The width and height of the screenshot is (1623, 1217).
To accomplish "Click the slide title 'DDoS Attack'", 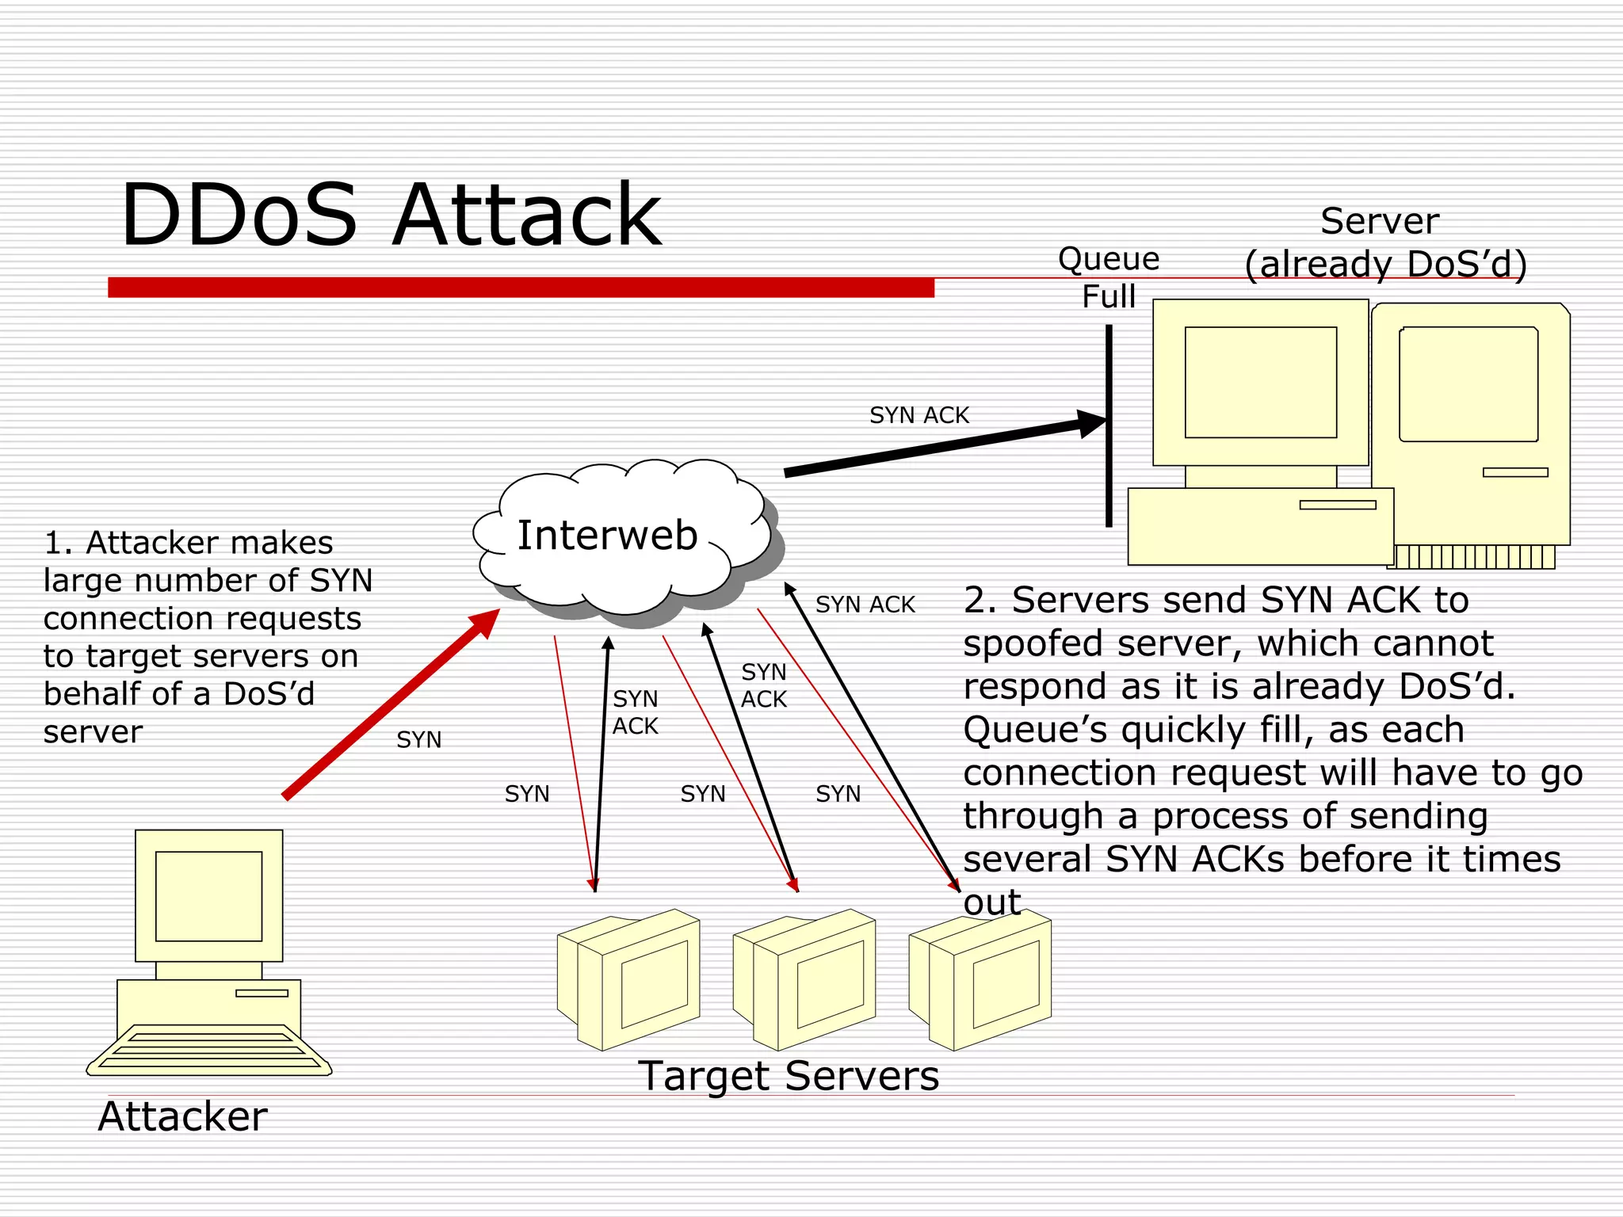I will point(390,215).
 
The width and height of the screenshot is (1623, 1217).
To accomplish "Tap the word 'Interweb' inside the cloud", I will point(607,535).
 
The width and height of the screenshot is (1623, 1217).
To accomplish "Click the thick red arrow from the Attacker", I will point(388,705).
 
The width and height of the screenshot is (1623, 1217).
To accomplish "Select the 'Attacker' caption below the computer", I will point(182,1116).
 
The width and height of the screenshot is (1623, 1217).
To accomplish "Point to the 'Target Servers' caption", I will point(789,1076).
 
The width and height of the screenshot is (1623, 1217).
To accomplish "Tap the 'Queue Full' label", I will point(1109,277).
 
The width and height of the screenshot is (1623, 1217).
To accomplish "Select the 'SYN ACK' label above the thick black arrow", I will point(919,415).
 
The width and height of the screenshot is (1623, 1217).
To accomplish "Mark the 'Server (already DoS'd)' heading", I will point(1383,242).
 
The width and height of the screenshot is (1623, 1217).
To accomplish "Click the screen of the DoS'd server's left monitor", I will point(1260,382).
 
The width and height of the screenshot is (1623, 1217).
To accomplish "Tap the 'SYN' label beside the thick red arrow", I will point(418,740).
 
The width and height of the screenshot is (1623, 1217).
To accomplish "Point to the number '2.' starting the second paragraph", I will point(981,601).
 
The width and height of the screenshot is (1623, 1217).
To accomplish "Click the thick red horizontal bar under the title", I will point(521,287).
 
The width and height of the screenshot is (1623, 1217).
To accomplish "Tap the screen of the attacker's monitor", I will point(208,896).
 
